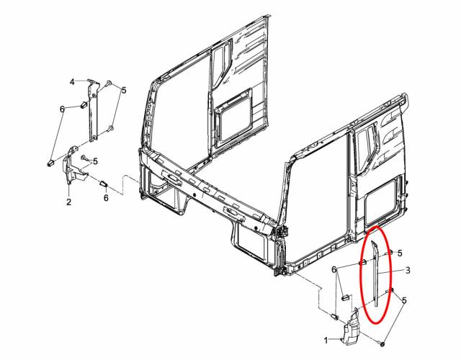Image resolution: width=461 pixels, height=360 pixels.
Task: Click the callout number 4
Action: click(x=72, y=81)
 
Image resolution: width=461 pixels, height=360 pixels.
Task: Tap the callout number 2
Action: click(x=69, y=202)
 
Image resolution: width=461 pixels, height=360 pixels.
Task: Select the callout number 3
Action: click(x=408, y=270)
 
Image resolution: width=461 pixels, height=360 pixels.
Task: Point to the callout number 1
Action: click(x=326, y=341)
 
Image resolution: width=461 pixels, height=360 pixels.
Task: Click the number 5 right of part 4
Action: click(x=124, y=90)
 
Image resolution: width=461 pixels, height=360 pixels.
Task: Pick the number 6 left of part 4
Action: click(x=62, y=109)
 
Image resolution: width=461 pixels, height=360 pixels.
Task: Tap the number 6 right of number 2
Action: click(x=106, y=198)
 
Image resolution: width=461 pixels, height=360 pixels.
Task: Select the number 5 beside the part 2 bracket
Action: click(x=95, y=161)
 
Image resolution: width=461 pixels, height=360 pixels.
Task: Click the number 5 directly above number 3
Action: click(x=400, y=253)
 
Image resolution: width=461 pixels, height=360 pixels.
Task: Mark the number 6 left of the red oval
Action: click(x=334, y=269)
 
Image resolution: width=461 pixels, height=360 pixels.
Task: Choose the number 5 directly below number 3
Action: click(x=404, y=300)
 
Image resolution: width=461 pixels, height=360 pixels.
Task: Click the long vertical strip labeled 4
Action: click(x=94, y=112)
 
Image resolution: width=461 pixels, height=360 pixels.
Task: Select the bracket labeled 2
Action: click(x=73, y=168)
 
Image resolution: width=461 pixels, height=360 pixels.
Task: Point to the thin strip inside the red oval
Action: click(x=376, y=274)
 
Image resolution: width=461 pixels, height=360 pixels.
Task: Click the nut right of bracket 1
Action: click(x=382, y=343)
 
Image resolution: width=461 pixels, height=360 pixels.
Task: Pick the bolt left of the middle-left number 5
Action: click(x=85, y=158)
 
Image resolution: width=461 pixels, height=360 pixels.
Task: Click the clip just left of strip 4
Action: click(x=84, y=104)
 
